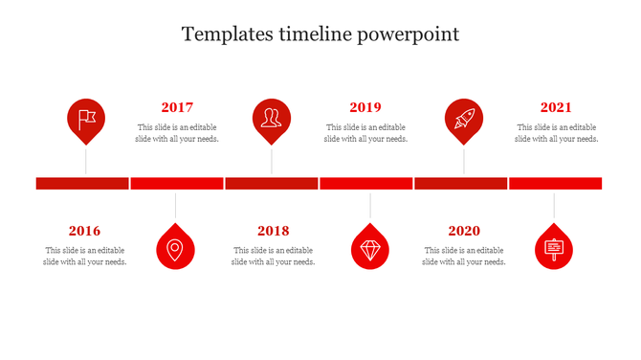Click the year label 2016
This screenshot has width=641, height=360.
[84, 231]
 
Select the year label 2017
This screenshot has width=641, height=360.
[177, 108]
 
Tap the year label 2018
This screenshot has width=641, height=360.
[273, 231]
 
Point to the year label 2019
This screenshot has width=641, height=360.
[365, 108]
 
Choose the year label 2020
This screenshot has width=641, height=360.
[464, 231]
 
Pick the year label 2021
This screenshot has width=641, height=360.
[556, 108]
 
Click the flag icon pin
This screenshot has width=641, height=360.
[86, 119]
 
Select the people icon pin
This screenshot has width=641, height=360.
[272, 119]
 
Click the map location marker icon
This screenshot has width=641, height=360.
[175, 249]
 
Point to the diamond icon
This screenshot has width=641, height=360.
[370, 249]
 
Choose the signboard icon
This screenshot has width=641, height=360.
[554, 249]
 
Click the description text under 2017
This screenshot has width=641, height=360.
[178, 133]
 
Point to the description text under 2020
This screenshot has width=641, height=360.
[464, 256]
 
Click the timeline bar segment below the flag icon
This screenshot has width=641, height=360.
[82, 183]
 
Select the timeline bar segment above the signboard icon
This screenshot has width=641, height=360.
[555, 183]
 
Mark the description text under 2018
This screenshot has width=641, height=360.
[273, 256]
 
